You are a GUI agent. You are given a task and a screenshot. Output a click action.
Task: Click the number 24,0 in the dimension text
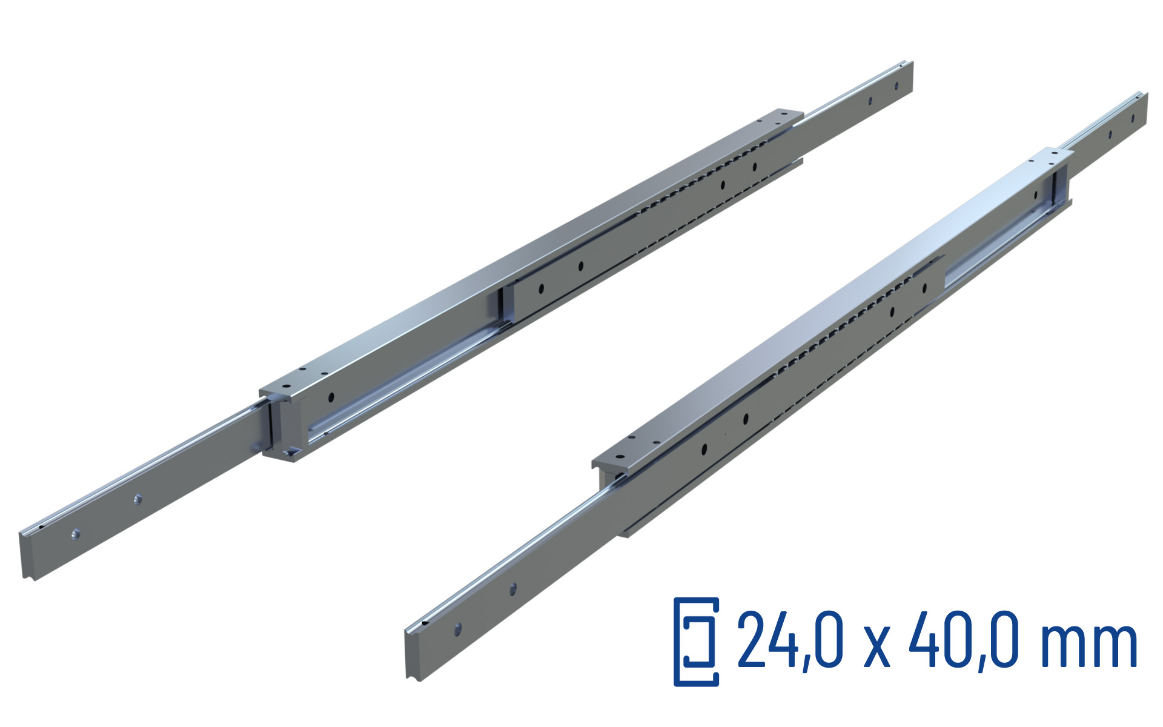[789, 641]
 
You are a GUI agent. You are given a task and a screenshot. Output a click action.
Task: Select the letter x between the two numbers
[876, 647]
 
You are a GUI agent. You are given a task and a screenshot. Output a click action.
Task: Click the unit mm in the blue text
[1088, 647]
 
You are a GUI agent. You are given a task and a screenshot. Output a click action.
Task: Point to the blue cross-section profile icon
[697, 642]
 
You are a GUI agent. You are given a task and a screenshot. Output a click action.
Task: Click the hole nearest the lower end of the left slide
[76, 534]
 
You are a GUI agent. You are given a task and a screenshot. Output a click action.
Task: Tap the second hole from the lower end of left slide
[138, 500]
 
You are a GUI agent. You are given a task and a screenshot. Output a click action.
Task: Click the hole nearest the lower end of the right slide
[457, 629]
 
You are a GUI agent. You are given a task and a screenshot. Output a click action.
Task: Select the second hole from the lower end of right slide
[513, 588]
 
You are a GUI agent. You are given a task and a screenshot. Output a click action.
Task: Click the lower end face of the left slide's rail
[27, 554]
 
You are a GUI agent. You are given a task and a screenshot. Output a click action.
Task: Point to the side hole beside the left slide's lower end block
[331, 397]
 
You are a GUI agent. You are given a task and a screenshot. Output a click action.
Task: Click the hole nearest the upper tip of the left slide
[870, 102]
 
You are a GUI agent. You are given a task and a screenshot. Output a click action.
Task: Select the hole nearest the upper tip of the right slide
[1110, 134]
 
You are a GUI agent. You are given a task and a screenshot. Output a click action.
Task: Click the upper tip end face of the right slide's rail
[1144, 109]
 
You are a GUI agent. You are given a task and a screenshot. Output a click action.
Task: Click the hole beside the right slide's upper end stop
[1035, 195]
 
